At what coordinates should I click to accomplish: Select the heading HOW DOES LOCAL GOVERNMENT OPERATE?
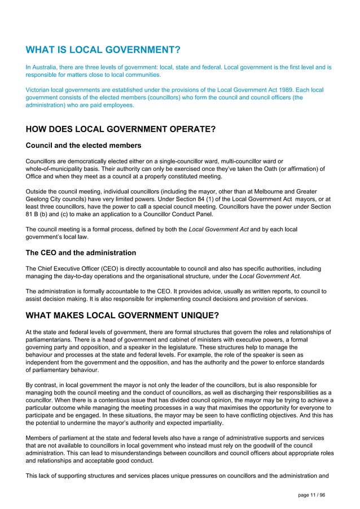pyautogui.click(x=121, y=129)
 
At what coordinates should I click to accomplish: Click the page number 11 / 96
pyautogui.click(x=312, y=495)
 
